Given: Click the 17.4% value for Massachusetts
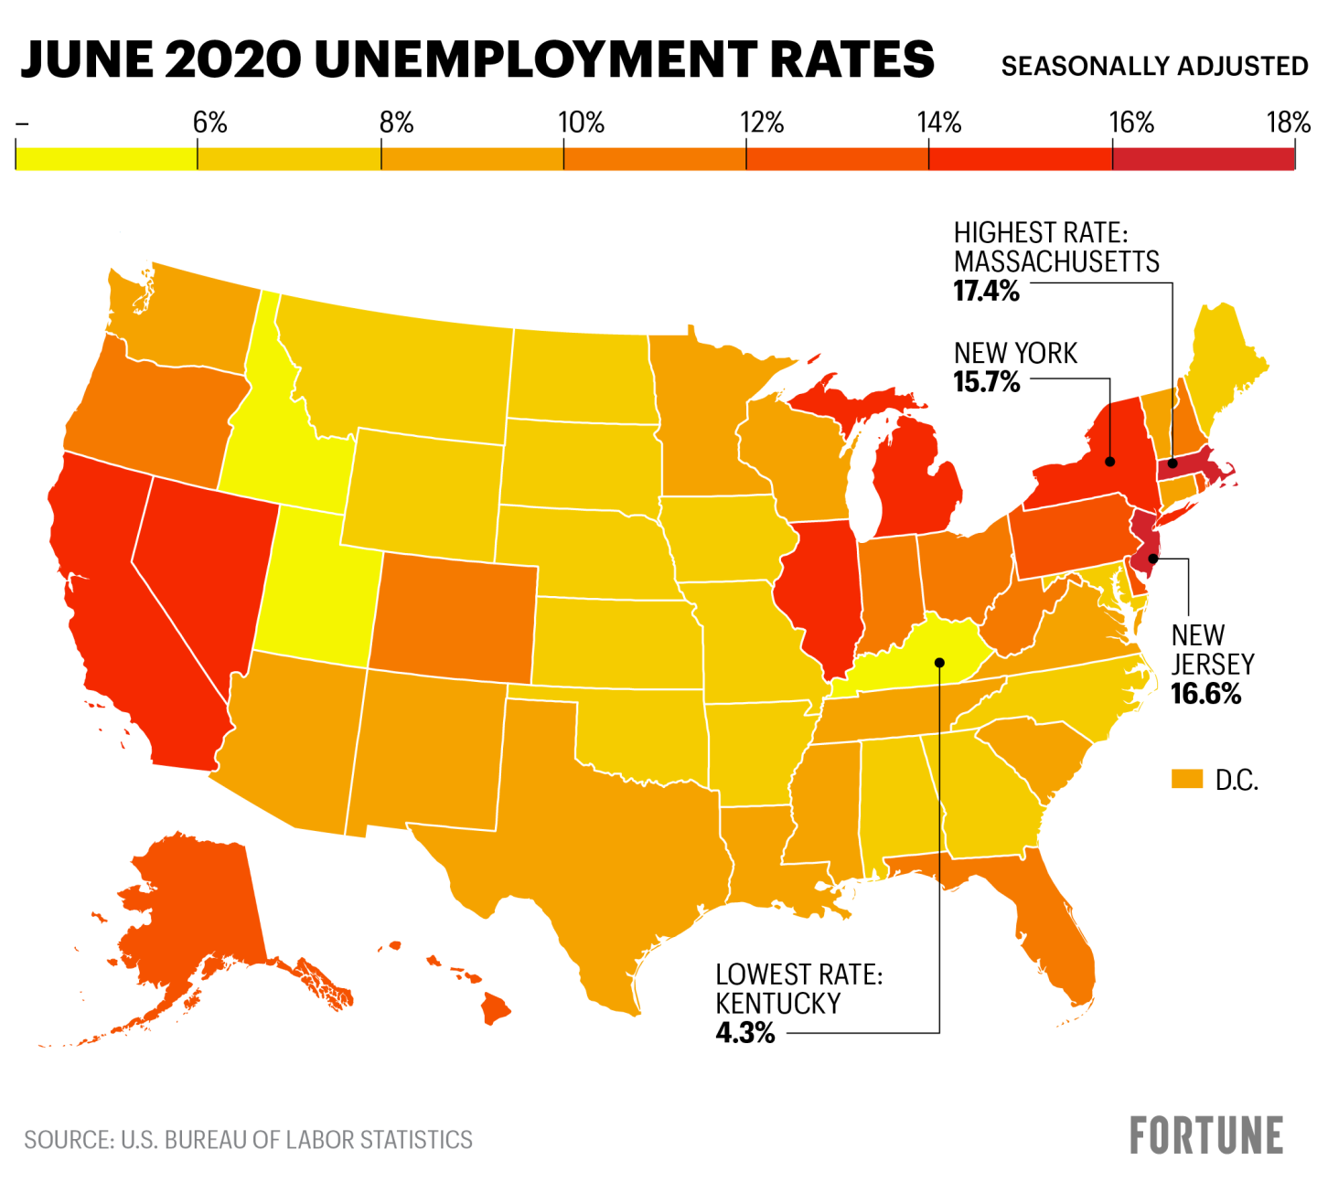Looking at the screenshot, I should [x=986, y=292].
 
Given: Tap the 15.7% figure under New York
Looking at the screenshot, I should [x=986, y=382].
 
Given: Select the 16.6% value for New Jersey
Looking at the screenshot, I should [x=1205, y=694].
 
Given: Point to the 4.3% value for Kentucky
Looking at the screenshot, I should [x=744, y=1033].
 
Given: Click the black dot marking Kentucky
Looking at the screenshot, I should [x=939, y=662].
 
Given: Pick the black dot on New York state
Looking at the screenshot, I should [x=1108, y=461].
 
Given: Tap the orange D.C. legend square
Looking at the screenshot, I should [x=1186, y=779].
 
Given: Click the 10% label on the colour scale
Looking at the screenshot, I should [x=582, y=122].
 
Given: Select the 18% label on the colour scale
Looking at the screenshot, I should [x=1288, y=122].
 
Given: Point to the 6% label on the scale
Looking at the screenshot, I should [x=209, y=122].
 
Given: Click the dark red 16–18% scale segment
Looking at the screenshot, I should [x=1204, y=156].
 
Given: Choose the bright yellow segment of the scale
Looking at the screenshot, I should [x=106, y=156].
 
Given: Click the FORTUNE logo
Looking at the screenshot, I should [x=1205, y=1135].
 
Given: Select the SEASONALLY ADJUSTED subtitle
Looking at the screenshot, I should [x=1154, y=67].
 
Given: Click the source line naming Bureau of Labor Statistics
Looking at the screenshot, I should [x=248, y=1140].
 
